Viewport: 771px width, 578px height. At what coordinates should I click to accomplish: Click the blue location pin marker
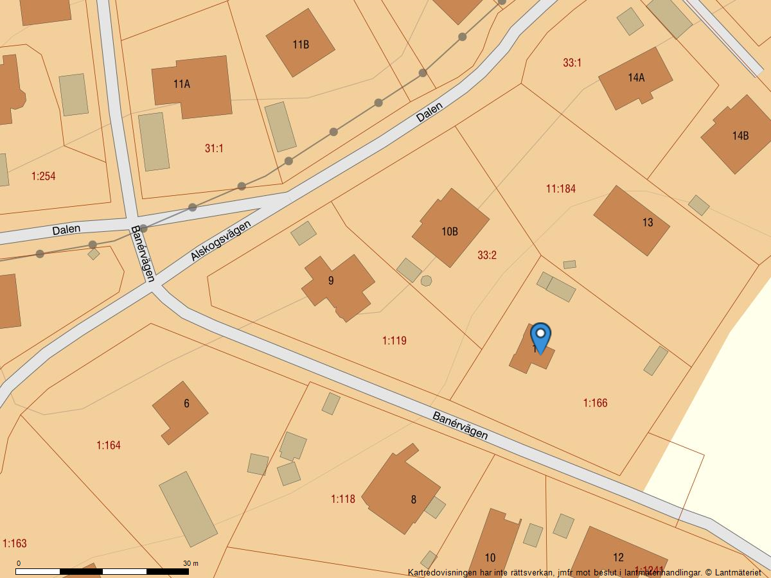[x=541, y=337]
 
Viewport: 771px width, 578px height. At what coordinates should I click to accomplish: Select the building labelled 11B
[x=301, y=44]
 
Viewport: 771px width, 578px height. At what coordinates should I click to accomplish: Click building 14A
[x=635, y=78]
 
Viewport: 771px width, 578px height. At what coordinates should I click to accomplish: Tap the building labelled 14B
[x=737, y=135]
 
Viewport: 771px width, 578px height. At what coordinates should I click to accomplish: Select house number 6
[x=181, y=410]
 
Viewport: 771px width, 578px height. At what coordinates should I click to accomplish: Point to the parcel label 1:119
[x=394, y=340]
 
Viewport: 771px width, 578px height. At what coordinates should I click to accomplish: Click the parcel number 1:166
[x=595, y=403]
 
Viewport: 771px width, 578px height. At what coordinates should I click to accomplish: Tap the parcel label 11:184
[x=560, y=188]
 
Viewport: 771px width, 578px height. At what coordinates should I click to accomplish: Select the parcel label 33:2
[x=486, y=255]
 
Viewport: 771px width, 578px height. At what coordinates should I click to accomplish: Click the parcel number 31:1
[x=214, y=148]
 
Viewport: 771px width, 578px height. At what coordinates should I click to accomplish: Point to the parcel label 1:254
[x=43, y=176]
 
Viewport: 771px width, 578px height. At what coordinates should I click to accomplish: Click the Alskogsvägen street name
[x=220, y=241]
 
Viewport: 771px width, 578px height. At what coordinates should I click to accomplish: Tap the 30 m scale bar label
[x=191, y=563]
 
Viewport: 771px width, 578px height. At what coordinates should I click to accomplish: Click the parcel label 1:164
[x=109, y=445]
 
